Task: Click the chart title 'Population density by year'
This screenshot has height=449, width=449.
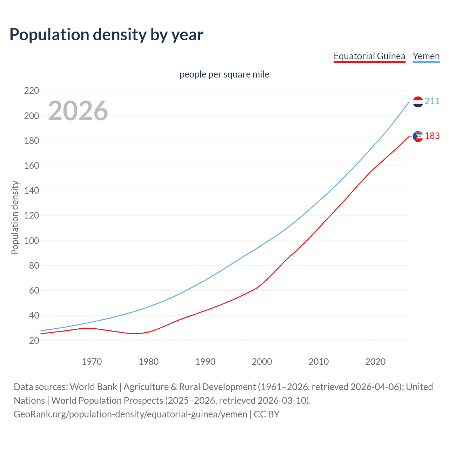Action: click(106, 35)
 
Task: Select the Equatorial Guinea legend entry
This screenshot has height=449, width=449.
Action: click(369, 56)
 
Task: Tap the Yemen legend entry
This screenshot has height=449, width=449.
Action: click(426, 56)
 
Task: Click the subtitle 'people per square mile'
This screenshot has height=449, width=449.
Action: click(224, 74)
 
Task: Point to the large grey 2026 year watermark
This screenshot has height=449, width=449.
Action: click(78, 111)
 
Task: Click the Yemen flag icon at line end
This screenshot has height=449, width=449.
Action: click(418, 102)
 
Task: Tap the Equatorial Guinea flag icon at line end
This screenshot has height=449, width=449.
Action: click(418, 136)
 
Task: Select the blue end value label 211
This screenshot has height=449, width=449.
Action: click(432, 101)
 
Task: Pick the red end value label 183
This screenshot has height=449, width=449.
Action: click(432, 136)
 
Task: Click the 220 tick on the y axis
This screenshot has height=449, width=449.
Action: click(32, 91)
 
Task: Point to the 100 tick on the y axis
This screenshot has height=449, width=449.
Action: click(32, 241)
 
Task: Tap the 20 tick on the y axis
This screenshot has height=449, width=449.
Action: click(34, 341)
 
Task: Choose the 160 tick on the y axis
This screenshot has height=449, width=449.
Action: click(32, 166)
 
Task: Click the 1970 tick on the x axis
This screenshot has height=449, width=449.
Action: click(92, 362)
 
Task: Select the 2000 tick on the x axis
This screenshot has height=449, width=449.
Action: click(262, 362)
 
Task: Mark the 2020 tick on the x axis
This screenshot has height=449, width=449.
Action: click(375, 362)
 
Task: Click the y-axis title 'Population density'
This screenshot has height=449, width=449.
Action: click(15, 217)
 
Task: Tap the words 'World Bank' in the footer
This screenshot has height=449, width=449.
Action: click(93, 387)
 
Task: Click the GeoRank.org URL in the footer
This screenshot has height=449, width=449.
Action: click(130, 414)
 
